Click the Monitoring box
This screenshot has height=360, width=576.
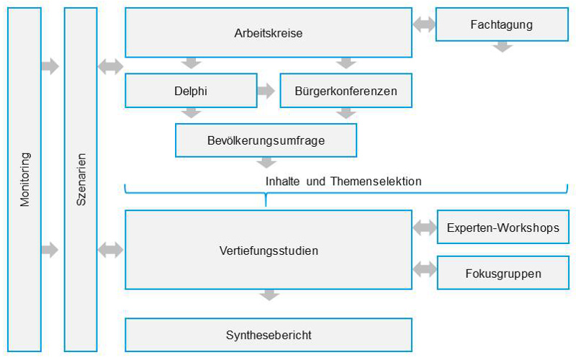point(24,179)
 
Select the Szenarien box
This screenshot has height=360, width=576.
point(81,179)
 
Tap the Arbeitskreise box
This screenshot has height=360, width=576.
point(269,32)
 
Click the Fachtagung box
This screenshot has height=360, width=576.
point(502,24)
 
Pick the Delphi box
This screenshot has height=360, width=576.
point(191,91)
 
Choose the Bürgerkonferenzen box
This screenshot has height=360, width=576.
point(346,91)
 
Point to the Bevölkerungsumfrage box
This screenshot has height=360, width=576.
point(266,140)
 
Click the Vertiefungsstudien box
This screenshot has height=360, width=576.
point(269,250)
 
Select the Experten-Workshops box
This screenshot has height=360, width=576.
point(503,227)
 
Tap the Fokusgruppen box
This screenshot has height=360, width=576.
point(503,273)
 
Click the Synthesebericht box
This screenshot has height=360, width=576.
point(269,335)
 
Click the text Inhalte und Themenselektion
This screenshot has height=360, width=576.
point(343,181)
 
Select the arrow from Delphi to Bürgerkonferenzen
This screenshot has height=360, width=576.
point(266,91)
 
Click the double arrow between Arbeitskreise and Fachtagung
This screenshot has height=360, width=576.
point(424,24)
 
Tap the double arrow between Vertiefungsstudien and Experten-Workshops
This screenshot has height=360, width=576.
point(425,228)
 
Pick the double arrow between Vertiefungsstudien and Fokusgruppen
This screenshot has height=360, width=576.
point(425,269)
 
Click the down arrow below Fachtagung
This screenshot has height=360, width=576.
point(503,47)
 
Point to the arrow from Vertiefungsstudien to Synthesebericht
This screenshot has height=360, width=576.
point(269,295)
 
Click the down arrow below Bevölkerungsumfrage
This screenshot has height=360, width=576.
point(266,163)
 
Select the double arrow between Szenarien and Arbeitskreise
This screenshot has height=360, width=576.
point(111,66)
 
